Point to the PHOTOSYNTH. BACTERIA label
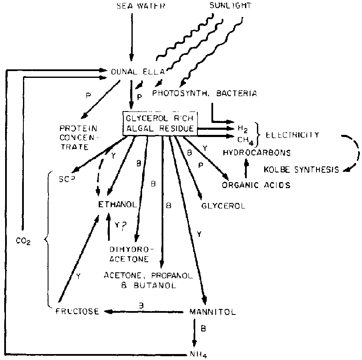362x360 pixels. (205, 92)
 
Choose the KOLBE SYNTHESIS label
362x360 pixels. (301, 170)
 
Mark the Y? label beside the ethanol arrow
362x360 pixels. (121, 226)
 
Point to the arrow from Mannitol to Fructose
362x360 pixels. (145, 311)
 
